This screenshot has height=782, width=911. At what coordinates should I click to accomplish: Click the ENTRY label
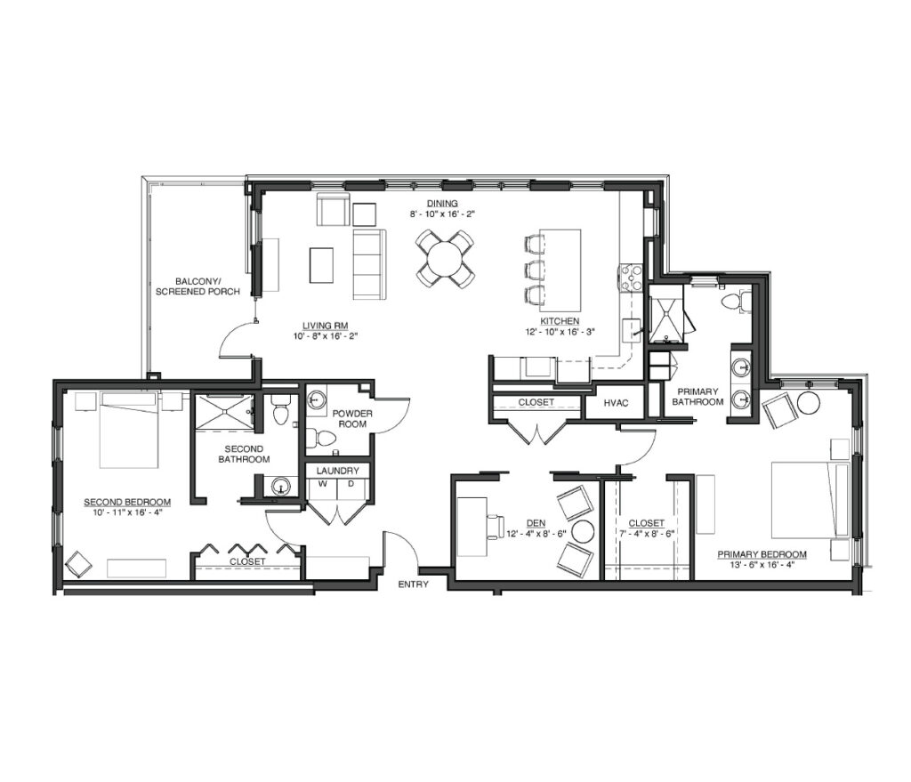[x=413, y=584]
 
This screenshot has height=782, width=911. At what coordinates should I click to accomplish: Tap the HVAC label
[x=616, y=403]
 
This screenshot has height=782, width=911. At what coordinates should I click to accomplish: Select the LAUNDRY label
[x=337, y=471]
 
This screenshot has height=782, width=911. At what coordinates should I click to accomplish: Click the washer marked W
[x=322, y=491]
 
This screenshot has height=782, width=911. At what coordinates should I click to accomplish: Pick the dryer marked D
[x=351, y=491]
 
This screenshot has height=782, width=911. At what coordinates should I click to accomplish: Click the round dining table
[x=445, y=259]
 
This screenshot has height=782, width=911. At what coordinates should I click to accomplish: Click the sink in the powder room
[x=317, y=399]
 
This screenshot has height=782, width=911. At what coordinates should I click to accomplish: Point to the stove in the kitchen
[x=631, y=278]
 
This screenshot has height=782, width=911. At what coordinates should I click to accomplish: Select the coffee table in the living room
[x=321, y=265]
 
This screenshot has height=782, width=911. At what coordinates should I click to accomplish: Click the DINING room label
[x=443, y=204]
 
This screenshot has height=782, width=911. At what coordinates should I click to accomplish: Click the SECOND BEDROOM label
[x=127, y=503]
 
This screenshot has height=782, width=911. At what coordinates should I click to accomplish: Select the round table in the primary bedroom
[x=808, y=403]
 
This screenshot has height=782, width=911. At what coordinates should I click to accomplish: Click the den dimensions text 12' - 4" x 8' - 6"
[x=536, y=534]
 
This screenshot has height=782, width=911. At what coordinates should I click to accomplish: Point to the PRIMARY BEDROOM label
[x=762, y=554]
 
